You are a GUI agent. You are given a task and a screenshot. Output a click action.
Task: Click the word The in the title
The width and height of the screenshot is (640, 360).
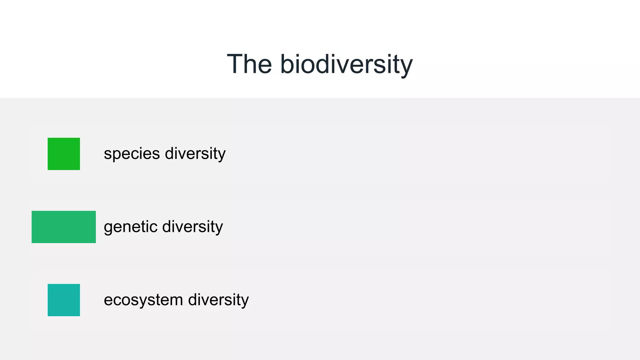pos(249,64)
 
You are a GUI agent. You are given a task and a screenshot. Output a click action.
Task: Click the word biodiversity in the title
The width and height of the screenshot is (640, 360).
pos(346,65)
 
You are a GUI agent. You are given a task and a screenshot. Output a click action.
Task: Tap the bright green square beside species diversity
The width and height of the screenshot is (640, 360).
pos(64,154)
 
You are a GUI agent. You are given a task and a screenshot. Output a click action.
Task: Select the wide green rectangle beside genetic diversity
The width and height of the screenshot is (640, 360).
pos(64,227)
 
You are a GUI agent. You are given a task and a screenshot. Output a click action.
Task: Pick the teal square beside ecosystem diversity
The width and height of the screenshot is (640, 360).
pos(64,300)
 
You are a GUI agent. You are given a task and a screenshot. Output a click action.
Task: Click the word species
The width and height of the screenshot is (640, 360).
pos(132,154)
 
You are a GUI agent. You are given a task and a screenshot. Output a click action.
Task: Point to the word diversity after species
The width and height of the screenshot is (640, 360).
pos(195,154)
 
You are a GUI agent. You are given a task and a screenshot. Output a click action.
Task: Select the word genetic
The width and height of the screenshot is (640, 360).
pos(130,227)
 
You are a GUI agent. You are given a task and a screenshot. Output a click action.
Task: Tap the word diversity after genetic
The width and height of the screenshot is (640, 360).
pos(192,227)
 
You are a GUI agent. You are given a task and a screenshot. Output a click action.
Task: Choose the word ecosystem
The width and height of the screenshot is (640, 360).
pos(143,300)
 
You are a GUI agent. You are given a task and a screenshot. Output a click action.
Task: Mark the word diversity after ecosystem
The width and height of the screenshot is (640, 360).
pos(218,300)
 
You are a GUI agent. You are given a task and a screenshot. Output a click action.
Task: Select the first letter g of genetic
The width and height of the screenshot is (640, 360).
pos(108,228)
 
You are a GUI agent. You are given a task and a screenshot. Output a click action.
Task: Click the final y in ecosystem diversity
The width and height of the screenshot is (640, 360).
pos(245,302)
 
